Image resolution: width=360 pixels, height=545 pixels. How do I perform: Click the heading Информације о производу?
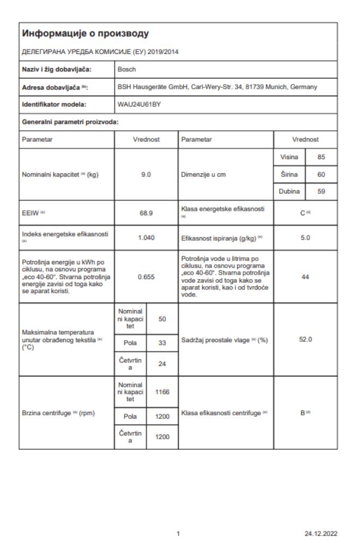(85, 34)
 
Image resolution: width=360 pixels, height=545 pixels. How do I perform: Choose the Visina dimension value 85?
(321, 157)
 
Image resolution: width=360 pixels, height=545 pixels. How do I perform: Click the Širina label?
(289, 174)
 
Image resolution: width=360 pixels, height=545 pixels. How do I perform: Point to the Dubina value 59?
(321, 192)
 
